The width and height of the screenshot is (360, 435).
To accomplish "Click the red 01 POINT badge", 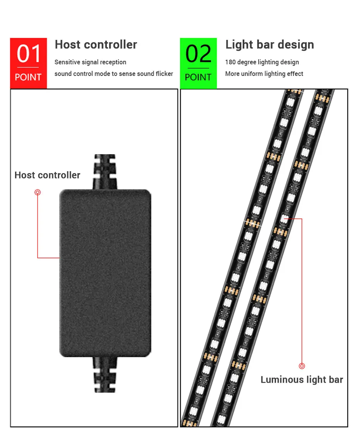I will pyautogui.click(x=28, y=63).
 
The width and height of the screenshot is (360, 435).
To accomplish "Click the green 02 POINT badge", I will pyautogui.click(x=198, y=63).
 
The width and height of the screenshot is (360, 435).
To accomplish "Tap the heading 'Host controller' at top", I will pyautogui.click(x=96, y=45).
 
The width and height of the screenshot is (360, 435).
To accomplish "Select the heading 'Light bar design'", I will pyautogui.click(x=269, y=45).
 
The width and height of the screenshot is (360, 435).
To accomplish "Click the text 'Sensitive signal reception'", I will pyautogui.click(x=90, y=62).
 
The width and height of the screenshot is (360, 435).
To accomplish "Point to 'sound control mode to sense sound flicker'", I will pyautogui.click(x=113, y=74).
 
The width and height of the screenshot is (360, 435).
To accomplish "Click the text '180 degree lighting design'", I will pyautogui.click(x=262, y=62).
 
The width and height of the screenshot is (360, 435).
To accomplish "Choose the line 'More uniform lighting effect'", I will pyautogui.click(x=264, y=74).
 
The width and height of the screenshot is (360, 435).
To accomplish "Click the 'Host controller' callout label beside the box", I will pyautogui.click(x=47, y=175).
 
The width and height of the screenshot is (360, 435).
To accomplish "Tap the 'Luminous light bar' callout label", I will pyautogui.click(x=302, y=380).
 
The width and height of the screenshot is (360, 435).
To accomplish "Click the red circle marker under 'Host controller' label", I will pyautogui.click(x=38, y=192).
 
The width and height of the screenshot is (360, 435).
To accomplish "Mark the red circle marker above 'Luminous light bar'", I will pyautogui.click(x=302, y=366).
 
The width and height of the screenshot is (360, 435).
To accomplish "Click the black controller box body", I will pyautogui.click(x=105, y=273).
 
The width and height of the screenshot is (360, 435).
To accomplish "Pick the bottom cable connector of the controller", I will pyautogui.click(x=105, y=374).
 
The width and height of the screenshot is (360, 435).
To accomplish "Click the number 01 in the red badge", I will pyautogui.click(x=28, y=54).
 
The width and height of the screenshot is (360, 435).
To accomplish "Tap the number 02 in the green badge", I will pyautogui.click(x=198, y=54).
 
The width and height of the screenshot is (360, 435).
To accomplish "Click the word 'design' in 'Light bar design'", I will pyautogui.click(x=295, y=45).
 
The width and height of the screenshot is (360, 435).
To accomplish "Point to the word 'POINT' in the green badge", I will pyautogui.click(x=198, y=77).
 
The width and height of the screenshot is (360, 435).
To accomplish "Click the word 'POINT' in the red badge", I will pyautogui.click(x=28, y=77).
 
